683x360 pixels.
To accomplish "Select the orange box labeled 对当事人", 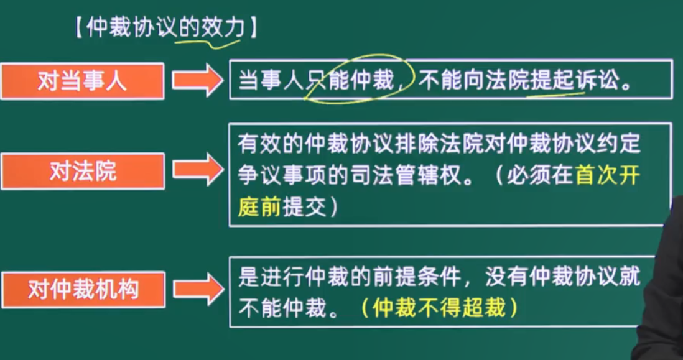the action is click(x=82, y=81).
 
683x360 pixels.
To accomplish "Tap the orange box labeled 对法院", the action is click(x=83, y=171).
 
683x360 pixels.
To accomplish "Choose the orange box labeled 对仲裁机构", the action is click(x=83, y=290).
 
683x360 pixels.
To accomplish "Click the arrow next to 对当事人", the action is click(x=197, y=81).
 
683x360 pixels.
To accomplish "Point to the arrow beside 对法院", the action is click(x=197, y=170).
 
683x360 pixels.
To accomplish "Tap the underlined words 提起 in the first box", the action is click(x=551, y=81).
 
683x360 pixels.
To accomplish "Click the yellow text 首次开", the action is click(x=608, y=176).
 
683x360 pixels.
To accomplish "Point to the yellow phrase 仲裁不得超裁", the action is click(x=440, y=308).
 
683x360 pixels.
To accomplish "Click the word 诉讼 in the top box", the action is click(x=596, y=81).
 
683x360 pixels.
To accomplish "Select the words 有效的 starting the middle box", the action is click(x=271, y=144).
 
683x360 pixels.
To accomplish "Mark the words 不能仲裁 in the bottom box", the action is click(x=282, y=308).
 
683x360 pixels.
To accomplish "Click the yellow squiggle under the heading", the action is click(x=207, y=43).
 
